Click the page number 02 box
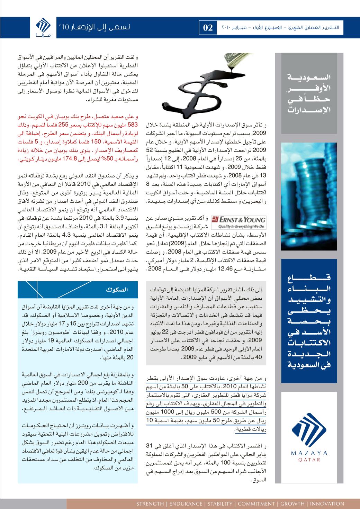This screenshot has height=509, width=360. [x=207, y=28]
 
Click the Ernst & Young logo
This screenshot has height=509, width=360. [x=238, y=222]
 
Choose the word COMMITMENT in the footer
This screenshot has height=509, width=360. [x=256, y=504]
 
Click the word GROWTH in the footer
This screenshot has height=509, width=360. [x=291, y=504]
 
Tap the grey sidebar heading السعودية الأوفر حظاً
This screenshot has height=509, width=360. [x=309, y=93]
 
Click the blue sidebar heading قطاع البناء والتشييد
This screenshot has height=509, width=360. [x=309, y=322]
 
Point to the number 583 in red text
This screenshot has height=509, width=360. [x=132, y=125]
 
